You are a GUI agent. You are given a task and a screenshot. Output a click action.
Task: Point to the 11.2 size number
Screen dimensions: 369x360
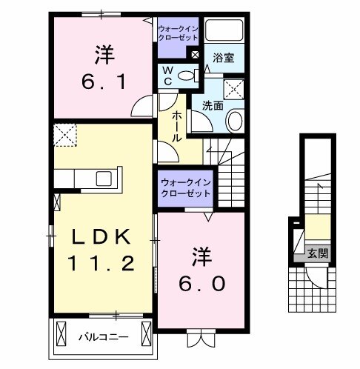point(102,262)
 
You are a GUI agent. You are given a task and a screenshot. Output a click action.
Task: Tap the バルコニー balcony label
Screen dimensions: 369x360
point(103,337)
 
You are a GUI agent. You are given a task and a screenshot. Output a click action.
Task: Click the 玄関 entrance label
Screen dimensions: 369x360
point(320,254)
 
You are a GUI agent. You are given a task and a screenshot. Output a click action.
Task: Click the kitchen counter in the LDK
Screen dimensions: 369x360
point(81,179)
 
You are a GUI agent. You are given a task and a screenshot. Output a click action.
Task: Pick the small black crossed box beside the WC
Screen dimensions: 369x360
point(194,54)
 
